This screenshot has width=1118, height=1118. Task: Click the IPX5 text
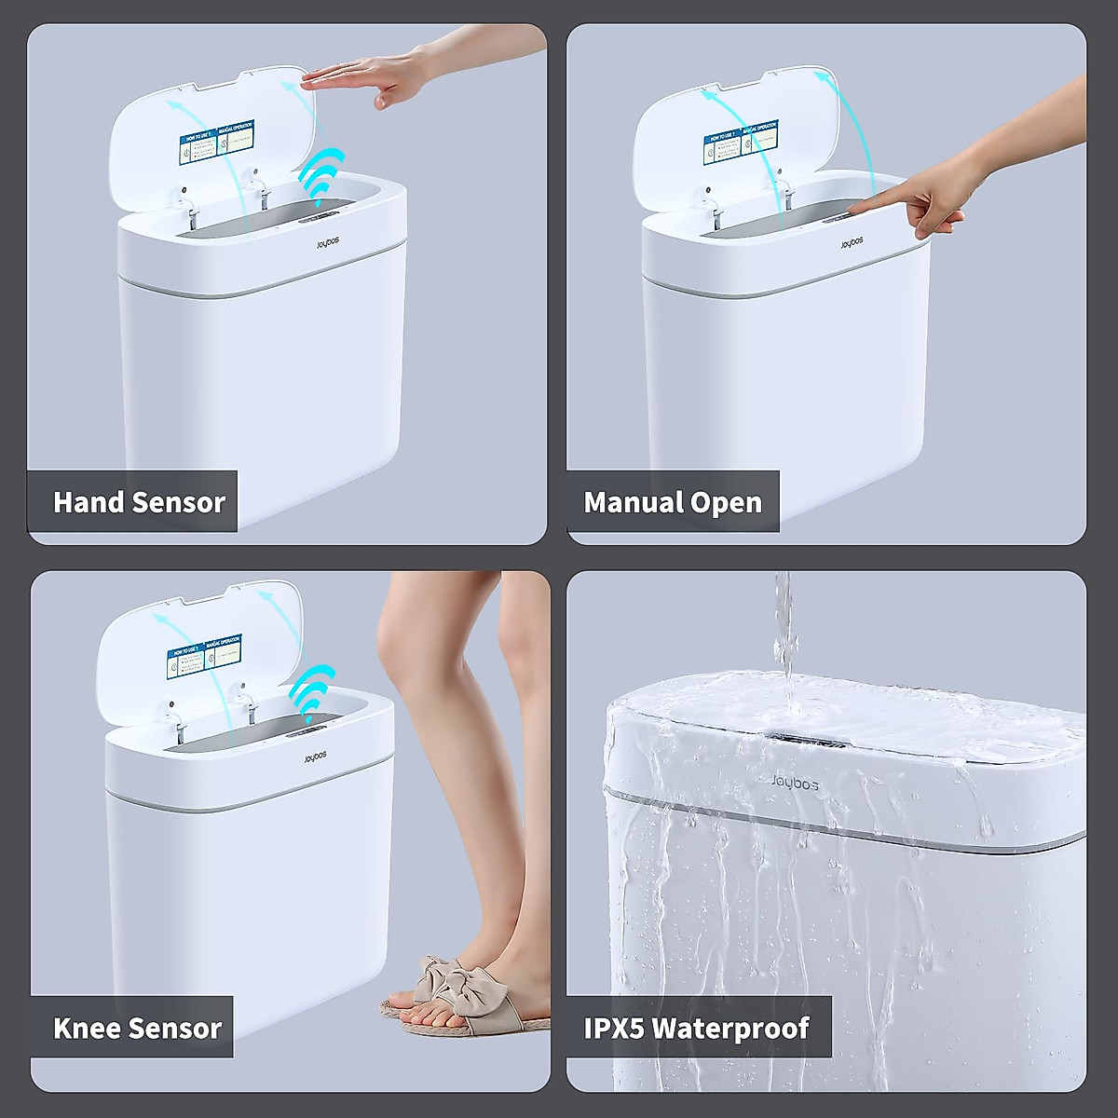coord(614,1029)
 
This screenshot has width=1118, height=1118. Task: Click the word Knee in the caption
coord(87,1029)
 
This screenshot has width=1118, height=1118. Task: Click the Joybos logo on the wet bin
coord(795,784)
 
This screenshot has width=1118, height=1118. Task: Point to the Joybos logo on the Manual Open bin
coord(852,243)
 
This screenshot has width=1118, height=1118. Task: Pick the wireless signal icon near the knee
coord(312,689)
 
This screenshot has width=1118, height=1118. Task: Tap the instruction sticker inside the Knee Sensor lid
coord(205,655)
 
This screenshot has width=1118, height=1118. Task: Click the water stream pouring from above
coord(784,634)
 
